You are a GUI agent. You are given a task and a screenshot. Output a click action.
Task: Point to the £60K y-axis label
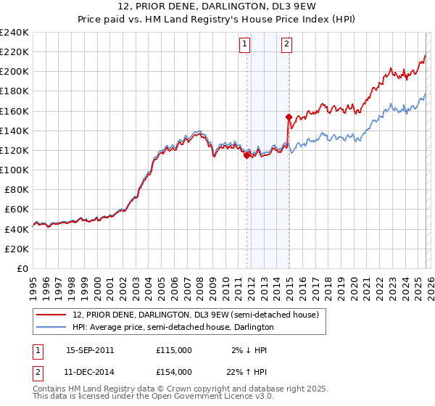tap(16, 209)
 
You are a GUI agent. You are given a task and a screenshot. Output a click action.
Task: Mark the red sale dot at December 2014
tap(289, 117)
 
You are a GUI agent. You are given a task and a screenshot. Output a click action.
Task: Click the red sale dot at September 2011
tap(246, 154)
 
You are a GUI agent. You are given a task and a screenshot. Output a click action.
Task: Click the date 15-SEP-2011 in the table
tap(90, 349)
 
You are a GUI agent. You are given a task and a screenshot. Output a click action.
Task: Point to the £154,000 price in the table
tap(174, 371)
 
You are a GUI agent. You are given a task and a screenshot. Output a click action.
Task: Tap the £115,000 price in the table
tap(174, 349)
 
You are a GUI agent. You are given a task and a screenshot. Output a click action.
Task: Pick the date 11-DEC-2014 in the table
tap(90, 371)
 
